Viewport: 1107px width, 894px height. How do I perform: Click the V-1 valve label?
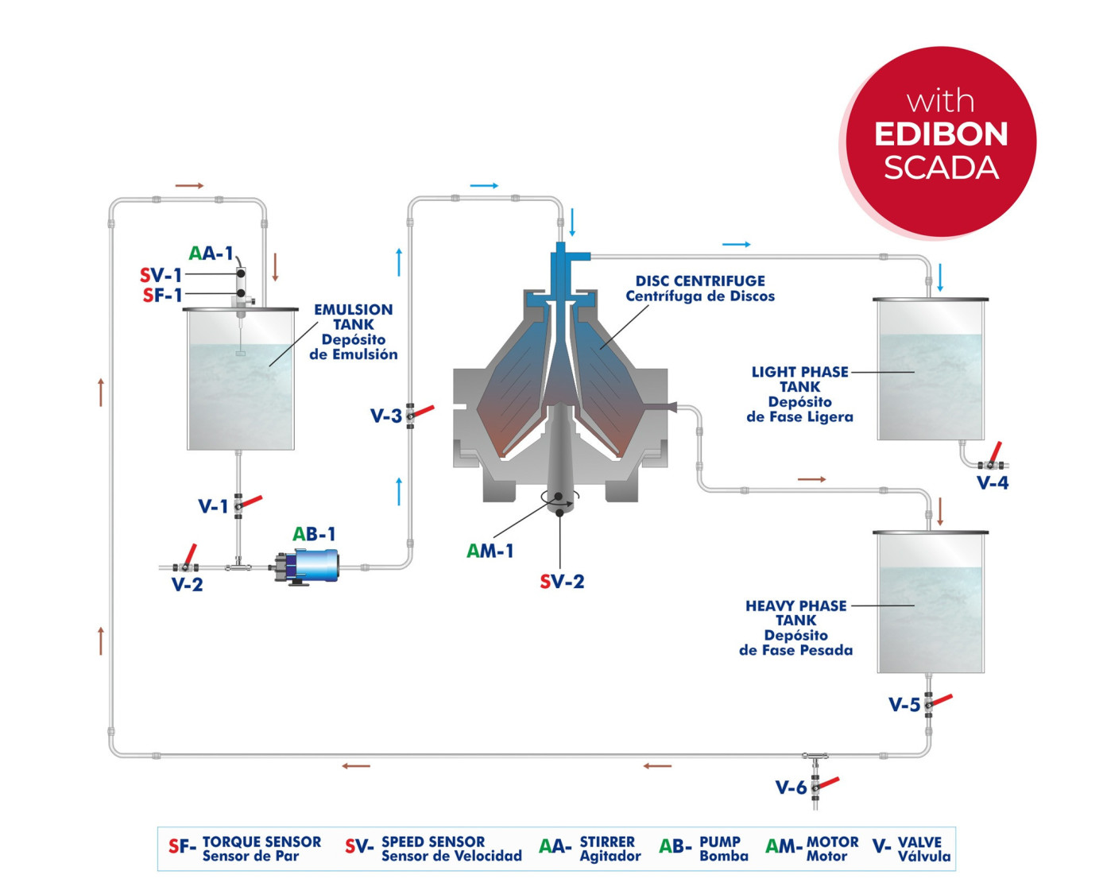pyautogui.click(x=212, y=506)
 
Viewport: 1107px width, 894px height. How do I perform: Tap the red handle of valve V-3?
pyautogui.click(x=423, y=411)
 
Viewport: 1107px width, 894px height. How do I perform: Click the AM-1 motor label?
pyautogui.click(x=490, y=551)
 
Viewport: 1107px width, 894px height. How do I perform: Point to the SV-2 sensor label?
pyautogui.click(x=562, y=582)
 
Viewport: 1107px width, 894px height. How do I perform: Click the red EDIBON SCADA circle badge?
pyautogui.click(x=941, y=141)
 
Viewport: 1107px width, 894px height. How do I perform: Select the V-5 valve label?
pyautogui.click(x=904, y=705)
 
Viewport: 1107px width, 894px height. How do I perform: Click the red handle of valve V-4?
pyautogui.click(x=994, y=452)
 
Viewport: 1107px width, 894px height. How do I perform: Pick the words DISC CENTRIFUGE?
pyautogui.click(x=700, y=281)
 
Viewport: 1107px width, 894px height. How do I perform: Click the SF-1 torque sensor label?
pyautogui.click(x=162, y=296)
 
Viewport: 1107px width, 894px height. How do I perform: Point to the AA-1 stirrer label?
pyautogui.click(x=211, y=253)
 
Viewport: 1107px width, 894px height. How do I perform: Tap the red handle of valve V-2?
pyautogui.click(x=191, y=554)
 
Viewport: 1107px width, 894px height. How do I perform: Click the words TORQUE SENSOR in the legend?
pyautogui.click(x=261, y=842)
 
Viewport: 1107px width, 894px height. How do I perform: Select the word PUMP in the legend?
pyautogui.click(x=720, y=842)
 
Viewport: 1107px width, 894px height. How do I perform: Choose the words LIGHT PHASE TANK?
pyautogui.click(x=799, y=379)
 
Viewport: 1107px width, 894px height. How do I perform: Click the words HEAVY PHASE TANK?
pyautogui.click(x=795, y=613)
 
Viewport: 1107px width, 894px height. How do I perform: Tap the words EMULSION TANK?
pyautogui.click(x=353, y=316)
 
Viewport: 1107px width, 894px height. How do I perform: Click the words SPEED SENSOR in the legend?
pyautogui.click(x=433, y=842)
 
